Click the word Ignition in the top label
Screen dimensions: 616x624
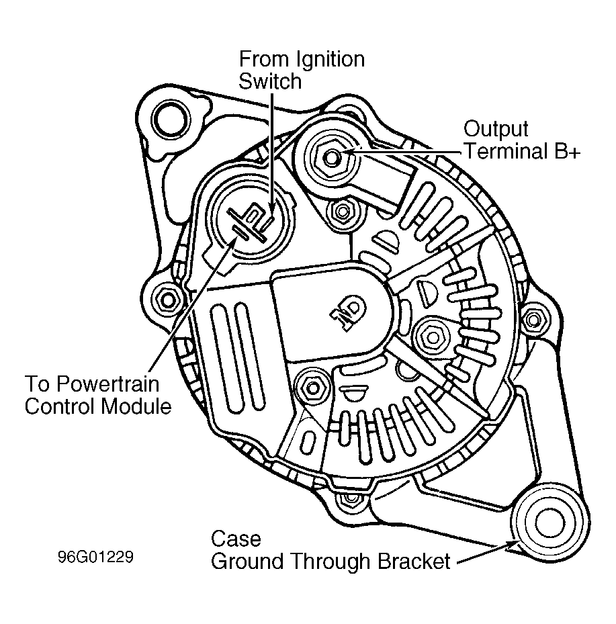[x=330, y=60]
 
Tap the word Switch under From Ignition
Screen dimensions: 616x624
[x=270, y=81]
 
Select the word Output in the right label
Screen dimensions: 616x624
[x=496, y=130]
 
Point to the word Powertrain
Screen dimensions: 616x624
[x=107, y=384]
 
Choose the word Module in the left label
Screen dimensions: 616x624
[x=136, y=406]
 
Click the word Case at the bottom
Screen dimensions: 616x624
[x=236, y=539]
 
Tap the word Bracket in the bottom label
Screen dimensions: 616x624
[x=413, y=561]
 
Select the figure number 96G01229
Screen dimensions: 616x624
[x=95, y=557]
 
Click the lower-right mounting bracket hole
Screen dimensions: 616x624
[x=549, y=522]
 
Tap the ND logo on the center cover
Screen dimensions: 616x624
[x=347, y=312]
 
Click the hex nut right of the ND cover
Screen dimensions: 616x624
[x=432, y=337]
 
